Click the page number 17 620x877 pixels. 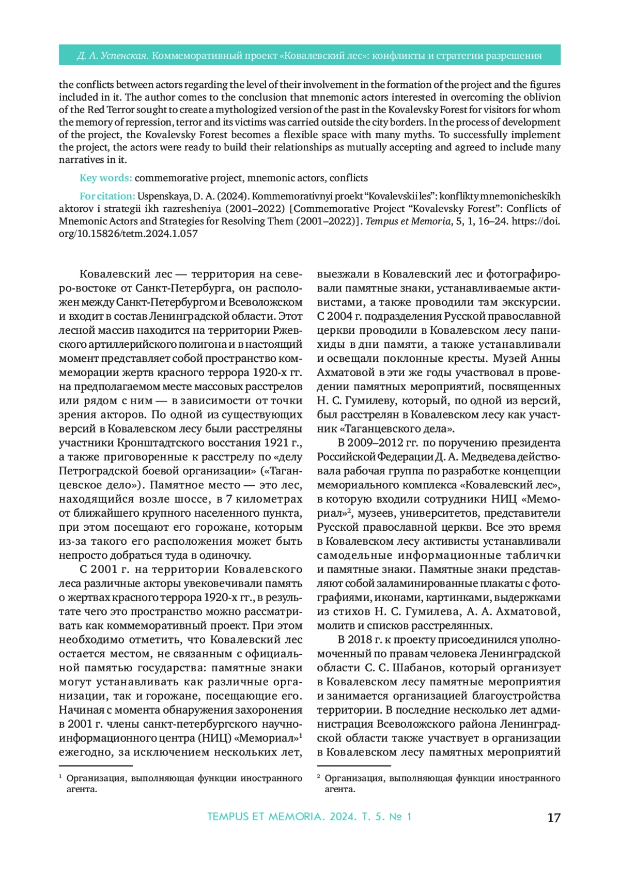[x=553, y=818]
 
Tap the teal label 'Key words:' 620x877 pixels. [x=105, y=178]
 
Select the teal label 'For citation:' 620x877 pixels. [x=107, y=196]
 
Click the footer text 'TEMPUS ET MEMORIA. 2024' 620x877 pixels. [x=282, y=817]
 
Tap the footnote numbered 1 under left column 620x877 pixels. [x=180, y=783]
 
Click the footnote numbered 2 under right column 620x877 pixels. [x=439, y=783]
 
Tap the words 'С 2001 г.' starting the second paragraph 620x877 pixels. [x=104, y=570]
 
